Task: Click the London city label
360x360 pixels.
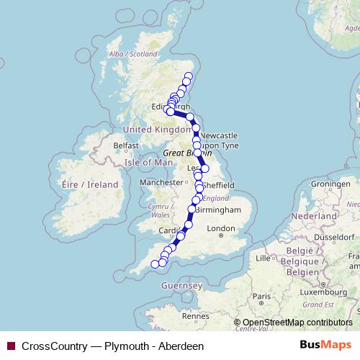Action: [221, 229]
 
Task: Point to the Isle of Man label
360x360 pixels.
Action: [149, 162]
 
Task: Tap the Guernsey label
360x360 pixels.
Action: [183, 286]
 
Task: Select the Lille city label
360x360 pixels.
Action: [265, 257]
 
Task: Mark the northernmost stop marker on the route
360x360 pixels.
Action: [189, 76]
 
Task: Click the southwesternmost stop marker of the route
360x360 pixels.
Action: [155, 264]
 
